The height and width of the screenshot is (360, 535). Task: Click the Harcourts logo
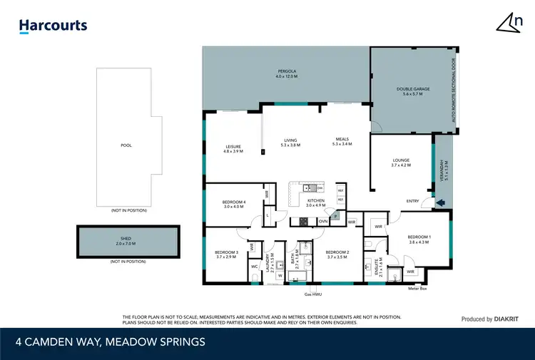(x=53, y=26)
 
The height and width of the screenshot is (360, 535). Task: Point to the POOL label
(x=126, y=145)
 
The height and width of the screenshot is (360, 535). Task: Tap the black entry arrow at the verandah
(x=439, y=202)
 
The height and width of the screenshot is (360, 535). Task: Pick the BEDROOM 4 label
(x=233, y=204)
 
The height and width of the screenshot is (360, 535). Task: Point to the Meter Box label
(x=417, y=289)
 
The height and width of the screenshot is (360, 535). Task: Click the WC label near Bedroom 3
(x=254, y=267)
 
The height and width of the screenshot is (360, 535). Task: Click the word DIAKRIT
(x=508, y=319)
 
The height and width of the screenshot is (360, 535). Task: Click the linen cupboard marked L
(x=267, y=215)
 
